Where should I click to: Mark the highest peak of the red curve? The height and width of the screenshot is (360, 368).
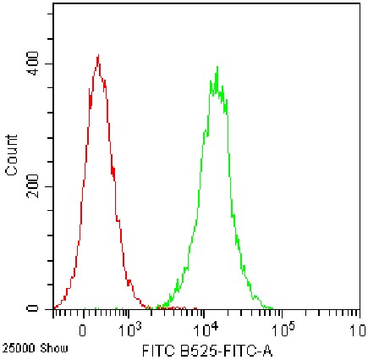99,56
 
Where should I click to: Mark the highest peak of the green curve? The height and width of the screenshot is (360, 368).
217,66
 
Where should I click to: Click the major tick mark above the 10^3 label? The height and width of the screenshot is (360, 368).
129,314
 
